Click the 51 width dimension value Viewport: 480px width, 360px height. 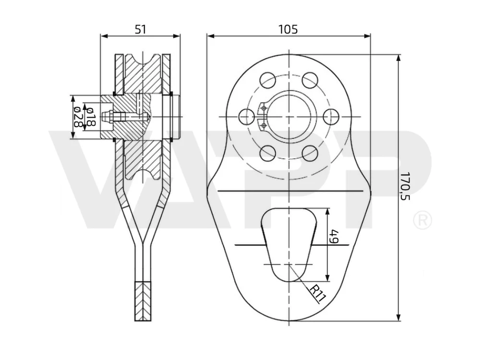coord(141,29)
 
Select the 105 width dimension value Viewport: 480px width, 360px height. coord(288,29)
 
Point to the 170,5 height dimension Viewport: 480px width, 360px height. coord(405,186)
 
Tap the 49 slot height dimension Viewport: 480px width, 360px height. coord(334,236)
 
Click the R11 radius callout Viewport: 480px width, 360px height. coord(318,293)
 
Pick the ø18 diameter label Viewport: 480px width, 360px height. coord(90,117)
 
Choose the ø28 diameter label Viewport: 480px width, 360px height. coord(77,117)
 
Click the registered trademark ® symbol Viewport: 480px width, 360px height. coord(422,220)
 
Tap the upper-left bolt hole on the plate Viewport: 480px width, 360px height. coord(267,80)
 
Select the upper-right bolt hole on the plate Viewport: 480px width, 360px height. coord(310,80)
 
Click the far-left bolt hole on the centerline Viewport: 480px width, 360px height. coord(246,117)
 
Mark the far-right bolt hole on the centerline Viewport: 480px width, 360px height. coord(331,117)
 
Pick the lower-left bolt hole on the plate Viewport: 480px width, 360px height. coord(267,154)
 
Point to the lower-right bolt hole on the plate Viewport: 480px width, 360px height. coord(310,154)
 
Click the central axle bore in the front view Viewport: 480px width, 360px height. coord(289,117)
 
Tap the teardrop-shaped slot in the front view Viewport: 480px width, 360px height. coord(289,245)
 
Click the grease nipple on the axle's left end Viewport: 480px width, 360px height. coord(107,117)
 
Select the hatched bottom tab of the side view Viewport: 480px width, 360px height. coord(143,301)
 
